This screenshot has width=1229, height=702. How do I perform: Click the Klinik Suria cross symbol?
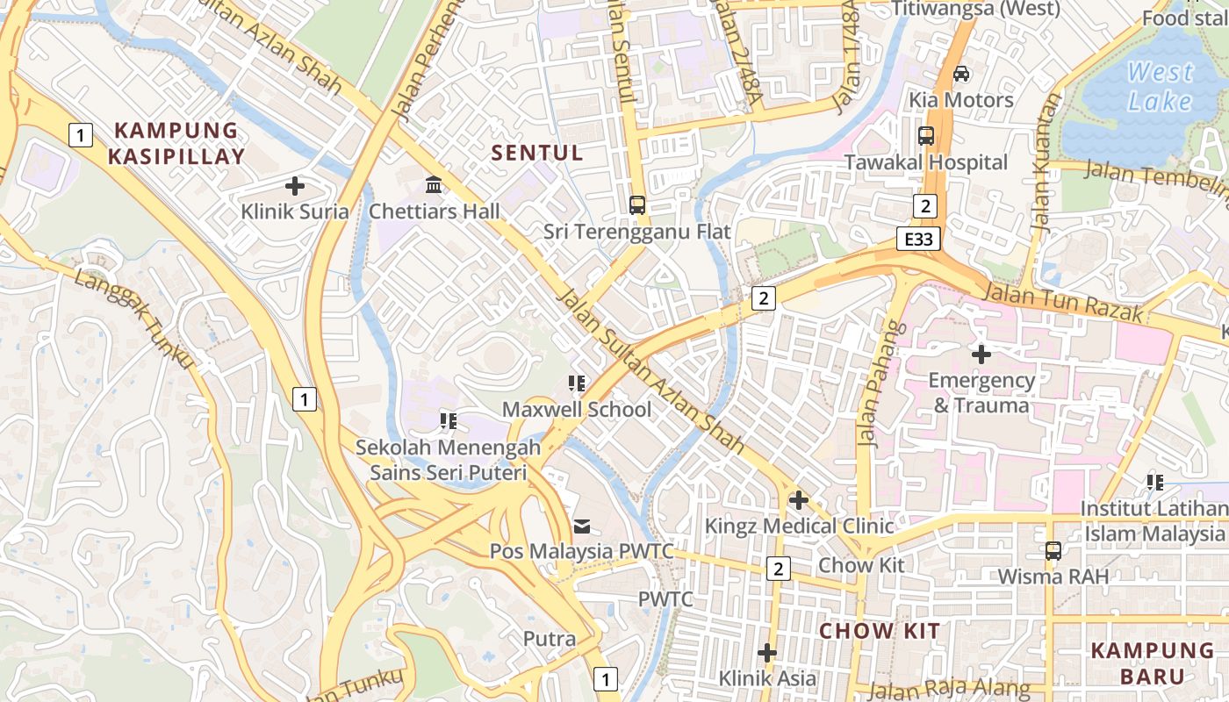295,186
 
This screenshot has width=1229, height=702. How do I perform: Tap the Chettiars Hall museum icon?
434,185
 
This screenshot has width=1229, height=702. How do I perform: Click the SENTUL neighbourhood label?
537,153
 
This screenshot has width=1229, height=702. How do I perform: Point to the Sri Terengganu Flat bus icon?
637,205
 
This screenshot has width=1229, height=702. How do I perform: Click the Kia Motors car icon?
961,74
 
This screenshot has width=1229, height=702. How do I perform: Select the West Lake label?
1160,86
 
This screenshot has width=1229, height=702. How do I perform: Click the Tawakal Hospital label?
925,162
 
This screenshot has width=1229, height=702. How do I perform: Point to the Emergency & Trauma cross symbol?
981,355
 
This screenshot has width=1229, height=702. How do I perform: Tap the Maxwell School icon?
577,383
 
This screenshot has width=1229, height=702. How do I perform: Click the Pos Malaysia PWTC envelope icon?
582,526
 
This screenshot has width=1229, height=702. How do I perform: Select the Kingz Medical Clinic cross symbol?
798,500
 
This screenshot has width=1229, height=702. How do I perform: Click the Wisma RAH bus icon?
1053,551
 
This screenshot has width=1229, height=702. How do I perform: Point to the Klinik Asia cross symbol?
767,653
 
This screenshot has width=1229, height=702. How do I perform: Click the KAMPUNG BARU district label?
1153,663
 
